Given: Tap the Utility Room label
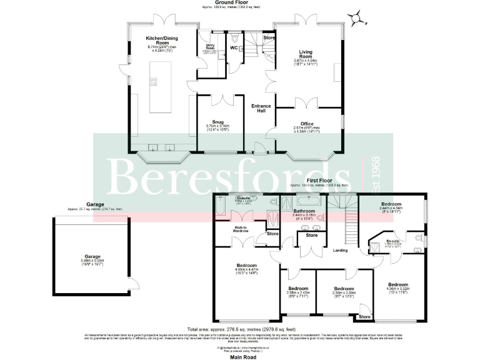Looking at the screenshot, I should coord(207,50).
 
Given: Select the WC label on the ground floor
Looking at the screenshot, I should coord(233,47).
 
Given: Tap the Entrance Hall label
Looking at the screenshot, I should coord(260,108).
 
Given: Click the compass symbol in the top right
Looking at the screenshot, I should coord(358,18).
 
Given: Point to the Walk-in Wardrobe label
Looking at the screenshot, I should coord(241,229).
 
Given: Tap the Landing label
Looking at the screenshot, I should coord(341,251).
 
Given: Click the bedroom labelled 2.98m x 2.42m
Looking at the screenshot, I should coord(298,291).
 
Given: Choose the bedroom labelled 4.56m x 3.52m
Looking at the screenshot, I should coord(397,287).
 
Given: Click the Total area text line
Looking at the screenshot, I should coord(241,329).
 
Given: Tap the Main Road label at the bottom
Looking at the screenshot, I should coord(240,354).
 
